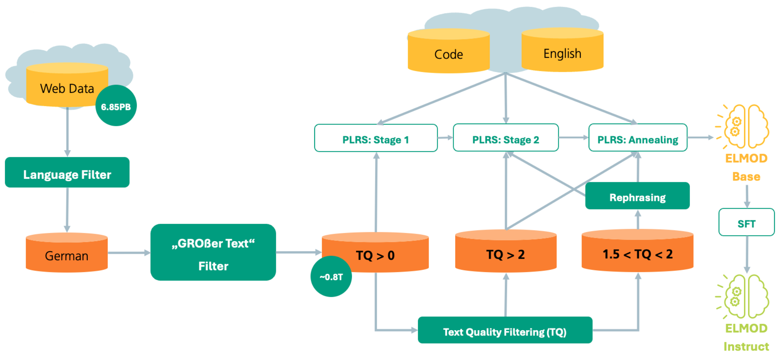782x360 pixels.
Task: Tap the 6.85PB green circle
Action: click(116, 106)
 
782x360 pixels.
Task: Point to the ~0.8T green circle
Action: click(331, 277)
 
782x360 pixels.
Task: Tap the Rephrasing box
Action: click(637, 196)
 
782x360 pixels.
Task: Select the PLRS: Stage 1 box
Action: click(376, 138)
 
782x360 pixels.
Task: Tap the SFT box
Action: click(746, 222)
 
